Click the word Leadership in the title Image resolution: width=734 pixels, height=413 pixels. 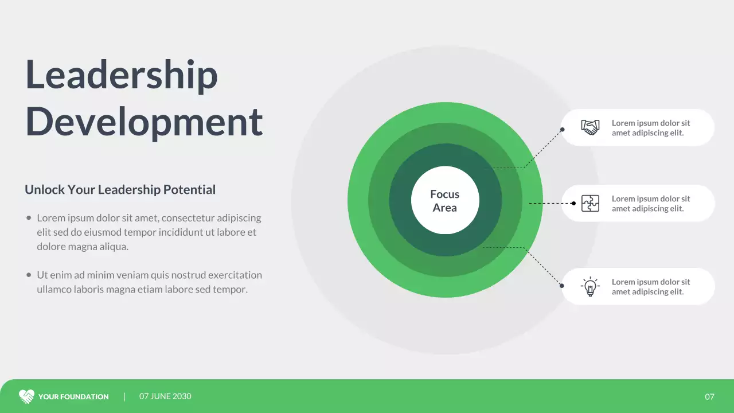pos(122,75)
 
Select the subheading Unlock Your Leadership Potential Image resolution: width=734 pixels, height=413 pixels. pos(120,190)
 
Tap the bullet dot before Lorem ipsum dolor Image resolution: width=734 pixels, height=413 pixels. pos(29,218)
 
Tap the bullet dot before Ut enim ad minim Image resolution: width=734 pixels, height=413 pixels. pos(29,275)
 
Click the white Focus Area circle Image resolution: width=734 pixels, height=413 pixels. pos(445,201)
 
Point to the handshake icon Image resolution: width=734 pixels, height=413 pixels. pos(590,127)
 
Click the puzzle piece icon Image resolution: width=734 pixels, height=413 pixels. pos(590,203)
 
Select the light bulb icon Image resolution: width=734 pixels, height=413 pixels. pos(590,286)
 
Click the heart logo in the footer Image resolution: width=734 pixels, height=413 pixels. pos(26,396)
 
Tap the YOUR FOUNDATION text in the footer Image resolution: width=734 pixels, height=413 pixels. pos(73,397)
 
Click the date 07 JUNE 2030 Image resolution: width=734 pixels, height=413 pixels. pos(165,396)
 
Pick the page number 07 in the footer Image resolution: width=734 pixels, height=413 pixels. pos(710,397)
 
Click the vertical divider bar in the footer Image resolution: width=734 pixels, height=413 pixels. pos(124,396)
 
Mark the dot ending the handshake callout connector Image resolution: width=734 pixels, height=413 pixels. pos(563,130)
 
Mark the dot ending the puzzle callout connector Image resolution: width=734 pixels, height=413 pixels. pos(574,203)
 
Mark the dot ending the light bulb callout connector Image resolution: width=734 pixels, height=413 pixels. pos(562,286)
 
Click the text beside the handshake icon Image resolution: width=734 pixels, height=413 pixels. pos(651,128)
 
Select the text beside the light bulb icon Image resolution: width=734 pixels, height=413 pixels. pos(651,287)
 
